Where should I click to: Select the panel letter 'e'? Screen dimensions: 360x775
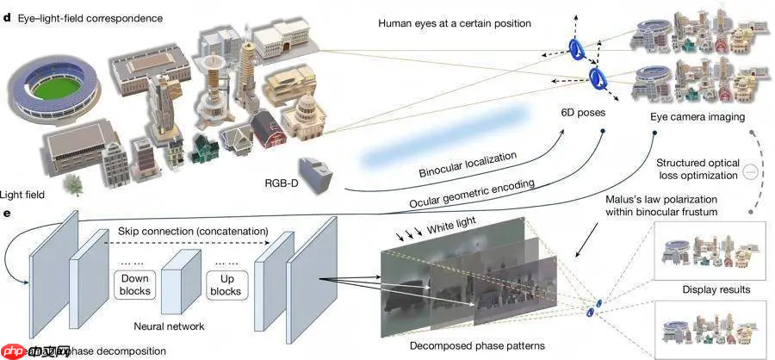tap(8, 209)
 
